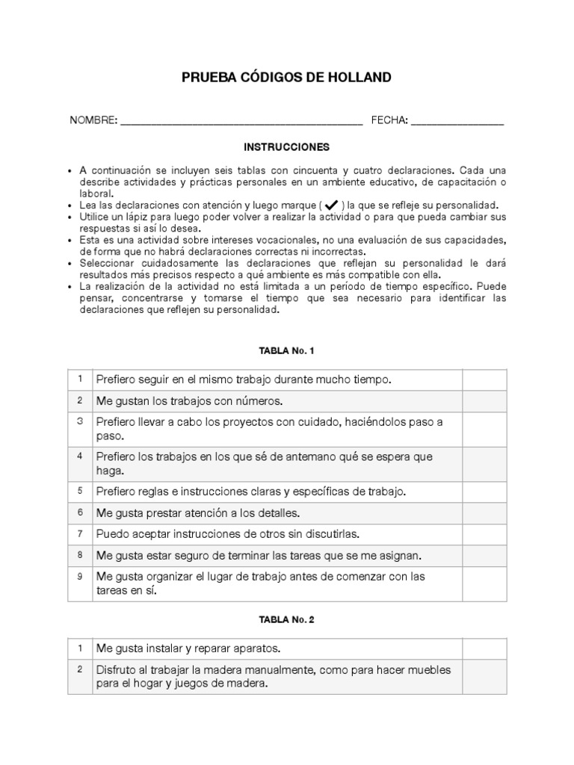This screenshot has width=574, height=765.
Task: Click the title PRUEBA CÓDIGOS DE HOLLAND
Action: [287, 78]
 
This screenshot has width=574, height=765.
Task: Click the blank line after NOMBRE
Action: [241, 121]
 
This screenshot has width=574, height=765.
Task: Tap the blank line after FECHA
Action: [457, 121]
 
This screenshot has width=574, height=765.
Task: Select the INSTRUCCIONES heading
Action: [287, 147]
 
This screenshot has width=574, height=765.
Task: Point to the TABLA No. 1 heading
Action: [287, 350]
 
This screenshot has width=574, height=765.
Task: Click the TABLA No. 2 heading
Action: [287, 619]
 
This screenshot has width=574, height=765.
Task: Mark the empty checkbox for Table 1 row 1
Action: [484, 380]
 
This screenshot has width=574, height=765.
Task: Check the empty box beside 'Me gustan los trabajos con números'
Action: [484, 402]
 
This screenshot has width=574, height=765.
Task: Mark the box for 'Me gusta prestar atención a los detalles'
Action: [484, 513]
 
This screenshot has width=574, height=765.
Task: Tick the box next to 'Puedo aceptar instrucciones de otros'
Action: [484, 534]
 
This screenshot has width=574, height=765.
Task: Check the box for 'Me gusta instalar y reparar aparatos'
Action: [484, 648]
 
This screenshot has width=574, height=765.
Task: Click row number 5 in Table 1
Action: [79, 492]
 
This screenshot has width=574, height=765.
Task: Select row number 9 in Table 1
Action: [79, 577]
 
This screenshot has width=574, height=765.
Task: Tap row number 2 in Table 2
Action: [79, 669]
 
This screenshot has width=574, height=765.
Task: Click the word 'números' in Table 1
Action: [258, 402]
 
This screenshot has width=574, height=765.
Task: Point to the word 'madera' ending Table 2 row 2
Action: [250, 684]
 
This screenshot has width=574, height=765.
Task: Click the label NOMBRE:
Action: [93, 121]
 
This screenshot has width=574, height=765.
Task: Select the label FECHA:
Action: [389, 121]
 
